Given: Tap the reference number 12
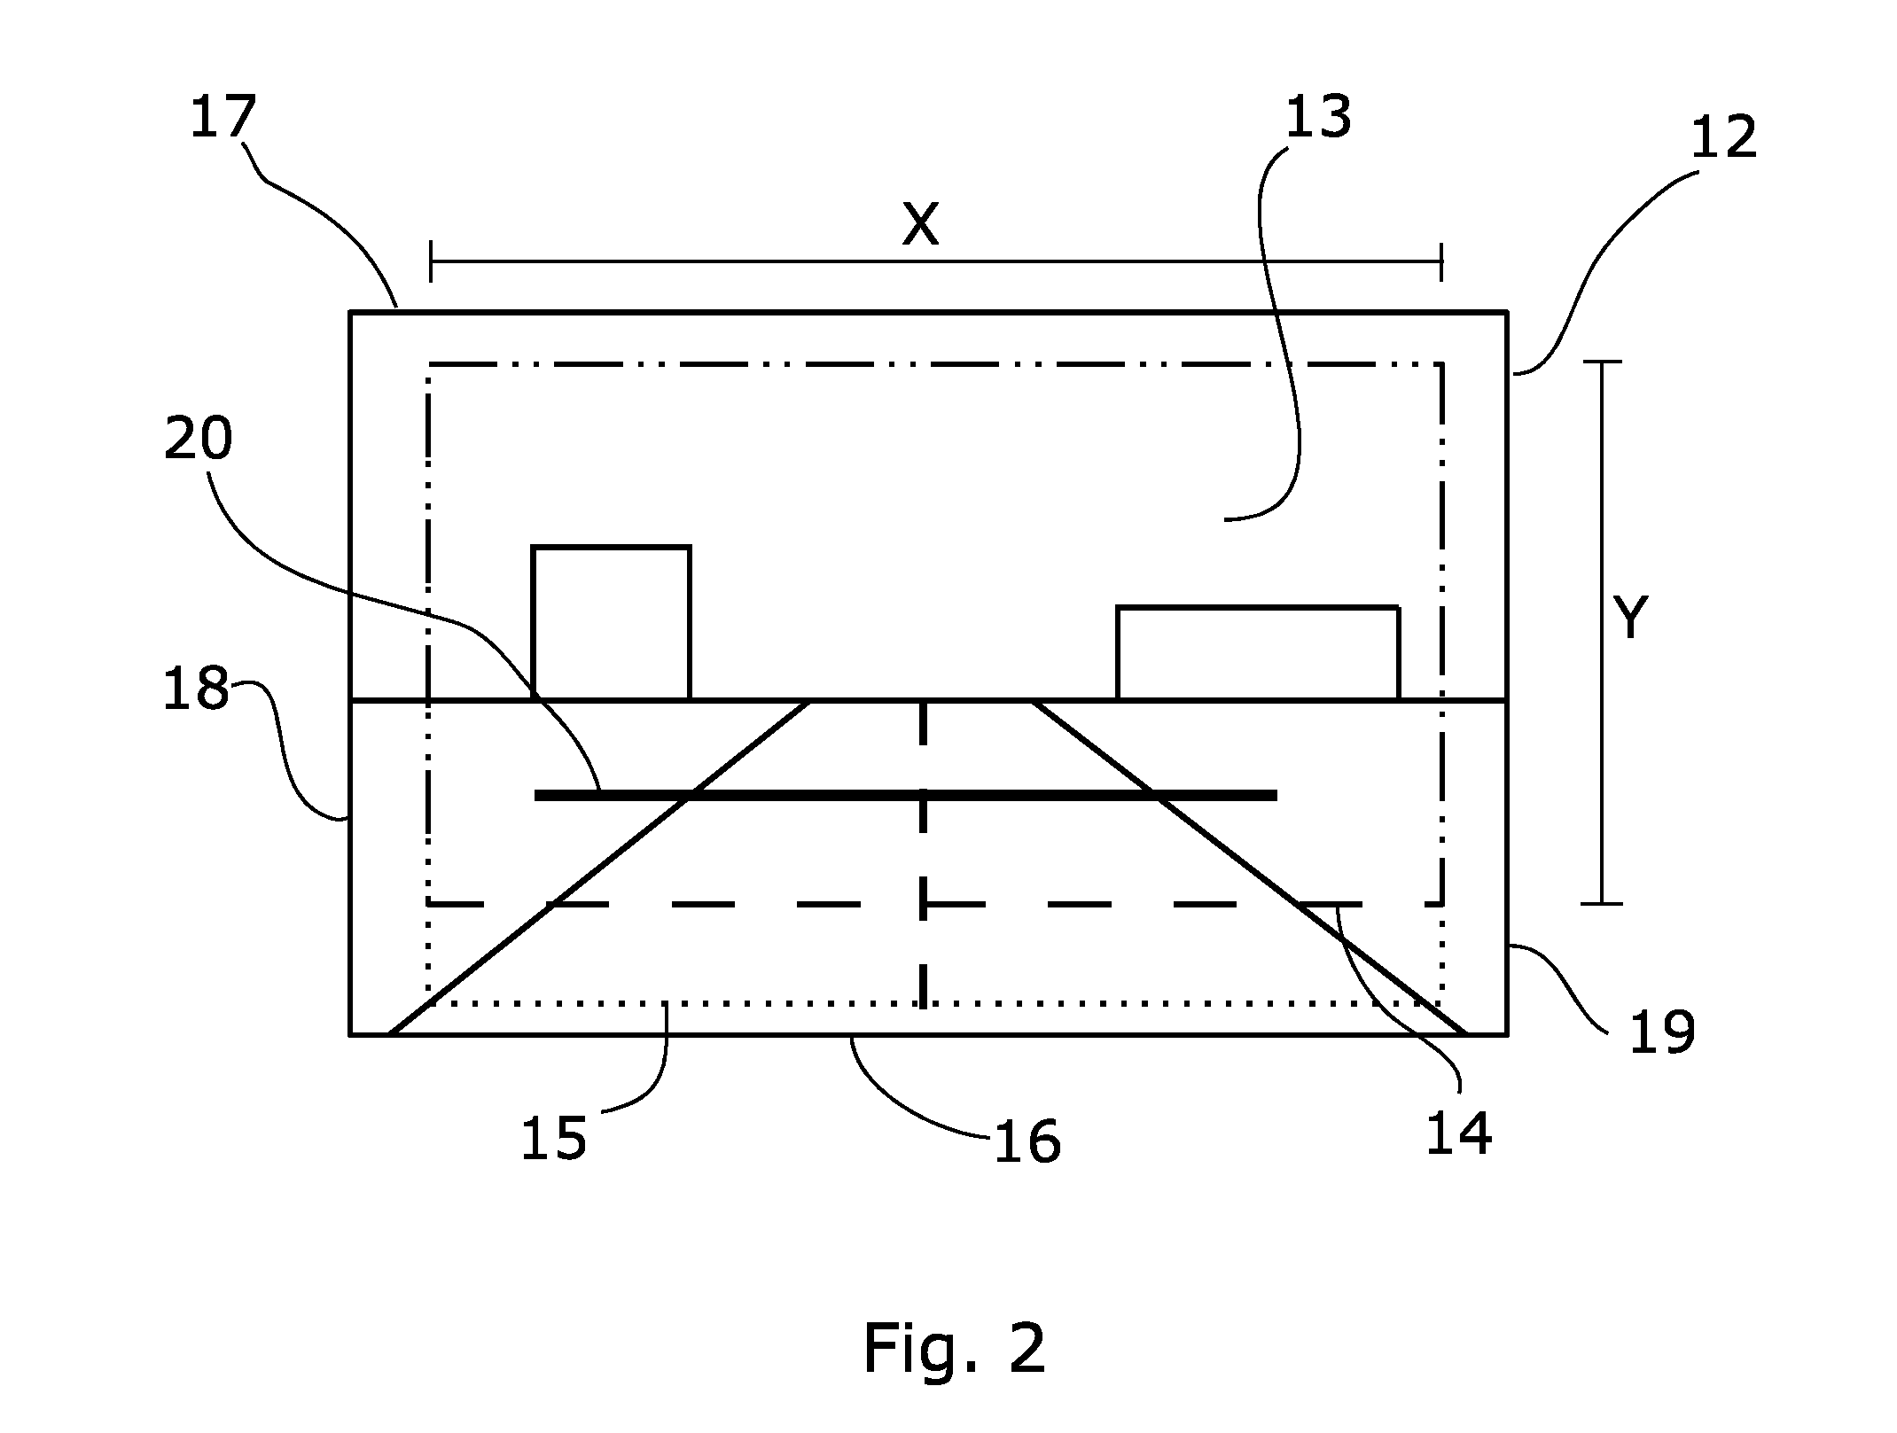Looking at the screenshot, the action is point(1723,138).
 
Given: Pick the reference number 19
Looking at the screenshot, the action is point(1662,1032).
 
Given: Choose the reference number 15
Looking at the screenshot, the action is point(553,1138).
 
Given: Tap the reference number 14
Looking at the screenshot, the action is point(1459,1133).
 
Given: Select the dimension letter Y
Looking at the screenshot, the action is point(1630,618).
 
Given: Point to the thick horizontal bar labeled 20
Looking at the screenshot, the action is point(905,796).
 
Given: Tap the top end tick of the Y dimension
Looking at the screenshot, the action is point(1601,362).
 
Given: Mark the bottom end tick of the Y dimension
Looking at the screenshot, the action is point(1601,904).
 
